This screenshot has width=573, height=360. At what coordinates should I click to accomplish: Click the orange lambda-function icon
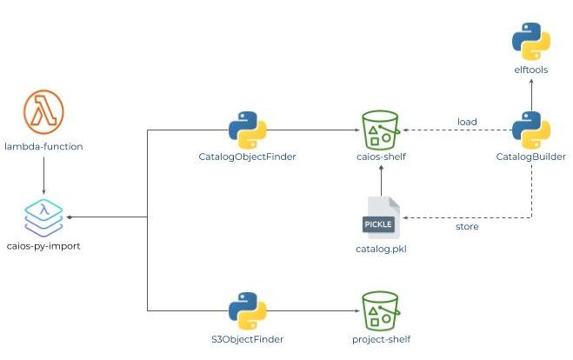pyautogui.click(x=43, y=112)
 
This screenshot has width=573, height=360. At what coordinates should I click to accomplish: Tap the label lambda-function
pyautogui.click(x=43, y=146)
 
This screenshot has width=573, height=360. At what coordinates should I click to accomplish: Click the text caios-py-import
pyautogui.click(x=43, y=246)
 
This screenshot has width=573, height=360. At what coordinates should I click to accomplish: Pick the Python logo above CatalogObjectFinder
pyautogui.click(x=246, y=130)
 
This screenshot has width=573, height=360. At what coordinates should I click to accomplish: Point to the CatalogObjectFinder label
pyautogui.click(x=246, y=157)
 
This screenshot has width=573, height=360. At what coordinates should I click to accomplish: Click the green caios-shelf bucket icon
pyautogui.click(x=381, y=130)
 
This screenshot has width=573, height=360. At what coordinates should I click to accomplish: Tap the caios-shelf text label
pyautogui.click(x=381, y=157)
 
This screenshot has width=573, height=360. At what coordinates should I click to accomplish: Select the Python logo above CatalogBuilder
pyautogui.click(x=530, y=130)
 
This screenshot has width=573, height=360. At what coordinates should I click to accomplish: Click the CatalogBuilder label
pyautogui.click(x=530, y=157)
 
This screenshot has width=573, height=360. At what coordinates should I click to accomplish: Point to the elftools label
pyautogui.click(x=530, y=70)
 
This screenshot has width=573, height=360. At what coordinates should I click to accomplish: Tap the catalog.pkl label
pyautogui.click(x=381, y=250)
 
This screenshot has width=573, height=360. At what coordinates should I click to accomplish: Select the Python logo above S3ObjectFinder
pyautogui.click(x=246, y=310)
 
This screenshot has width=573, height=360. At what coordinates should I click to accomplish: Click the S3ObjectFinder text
pyautogui.click(x=246, y=339)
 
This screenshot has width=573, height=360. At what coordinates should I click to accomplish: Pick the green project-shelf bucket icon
pyautogui.click(x=381, y=310)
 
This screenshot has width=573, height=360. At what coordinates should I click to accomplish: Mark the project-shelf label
pyautogui.click(x=381, y=339)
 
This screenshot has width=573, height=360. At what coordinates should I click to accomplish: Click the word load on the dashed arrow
pyautogui.click(x=467, y=122)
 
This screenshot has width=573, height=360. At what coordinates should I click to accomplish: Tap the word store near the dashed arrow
pyautogui.click(x=467, y=227)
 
